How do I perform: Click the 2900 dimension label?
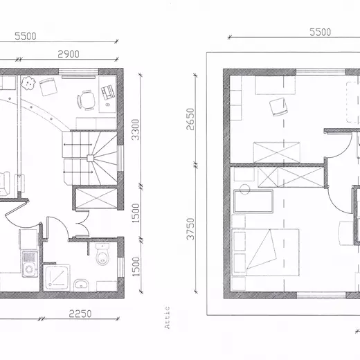click(x=69, y=54)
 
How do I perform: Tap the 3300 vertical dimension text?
click(x=136, y=129)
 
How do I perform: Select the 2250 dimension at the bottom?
click(x=80, y=314)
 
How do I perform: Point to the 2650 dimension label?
click(x=190, y=119)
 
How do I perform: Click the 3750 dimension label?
click(x=190, y=228)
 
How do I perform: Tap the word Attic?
click(x=167, y=317)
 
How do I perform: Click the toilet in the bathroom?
click(x=102, y=254)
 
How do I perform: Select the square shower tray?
click(x=57, y=277)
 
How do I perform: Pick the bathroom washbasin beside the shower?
click(x=81, y=285)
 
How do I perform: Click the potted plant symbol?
click(x=28, y=83)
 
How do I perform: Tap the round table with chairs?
click(x=87, y=100)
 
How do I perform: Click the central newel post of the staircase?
click(x=90, y=158)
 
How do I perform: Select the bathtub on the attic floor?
click(x=253, y=201)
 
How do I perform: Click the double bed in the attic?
click(x=265, y=252)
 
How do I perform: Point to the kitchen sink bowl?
click(x=29, y=269)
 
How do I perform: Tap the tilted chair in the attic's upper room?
click(x=278, y=107)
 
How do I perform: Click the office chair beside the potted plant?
click(x=48, y=87)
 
